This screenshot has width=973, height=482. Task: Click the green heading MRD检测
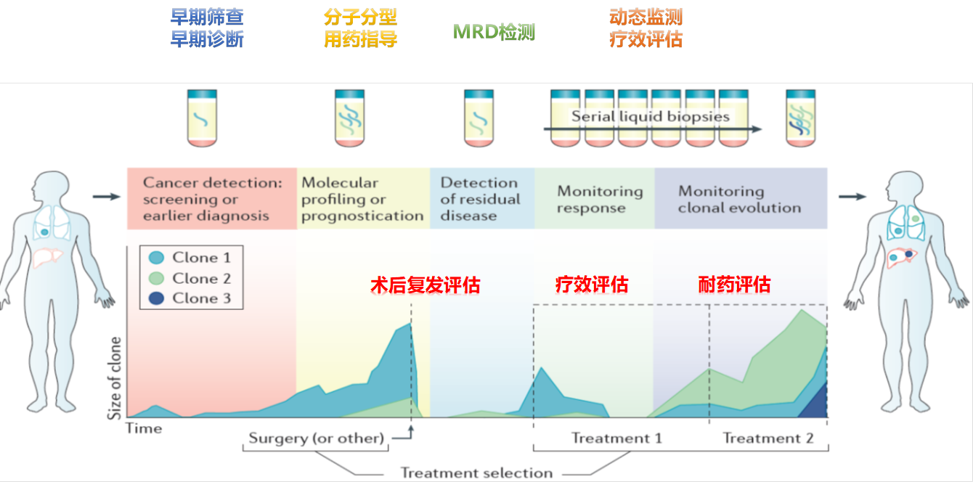click(494, 32)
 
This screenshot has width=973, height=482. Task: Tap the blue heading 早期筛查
click(207, 17)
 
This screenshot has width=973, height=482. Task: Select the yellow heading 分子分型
click(361, 17)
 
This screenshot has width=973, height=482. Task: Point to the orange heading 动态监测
click(646, 17)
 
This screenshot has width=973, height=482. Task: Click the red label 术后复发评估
click(426, 285)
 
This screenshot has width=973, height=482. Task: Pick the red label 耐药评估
click(735, 285)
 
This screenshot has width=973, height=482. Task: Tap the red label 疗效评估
click(592, 285)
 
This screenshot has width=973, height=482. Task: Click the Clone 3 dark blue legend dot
click(156, 298)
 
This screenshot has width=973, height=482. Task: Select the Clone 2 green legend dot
click(156, 278)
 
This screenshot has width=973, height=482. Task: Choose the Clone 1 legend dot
click(156, 258)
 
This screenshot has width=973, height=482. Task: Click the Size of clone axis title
click(114, 377)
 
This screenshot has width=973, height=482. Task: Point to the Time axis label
click(144, 428)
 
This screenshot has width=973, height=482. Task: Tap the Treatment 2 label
click(768, 438)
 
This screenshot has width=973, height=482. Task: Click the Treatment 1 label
click(616, 438)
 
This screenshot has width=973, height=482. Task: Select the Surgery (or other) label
click(317, 438)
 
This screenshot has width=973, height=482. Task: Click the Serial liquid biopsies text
click(651, 116)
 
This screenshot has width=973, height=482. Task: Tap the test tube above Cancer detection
click(202, 118)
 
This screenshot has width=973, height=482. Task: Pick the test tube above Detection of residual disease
click(479, 118)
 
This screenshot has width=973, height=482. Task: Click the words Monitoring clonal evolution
click(740, 200)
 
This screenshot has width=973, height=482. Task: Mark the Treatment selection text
click(476, 473)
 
